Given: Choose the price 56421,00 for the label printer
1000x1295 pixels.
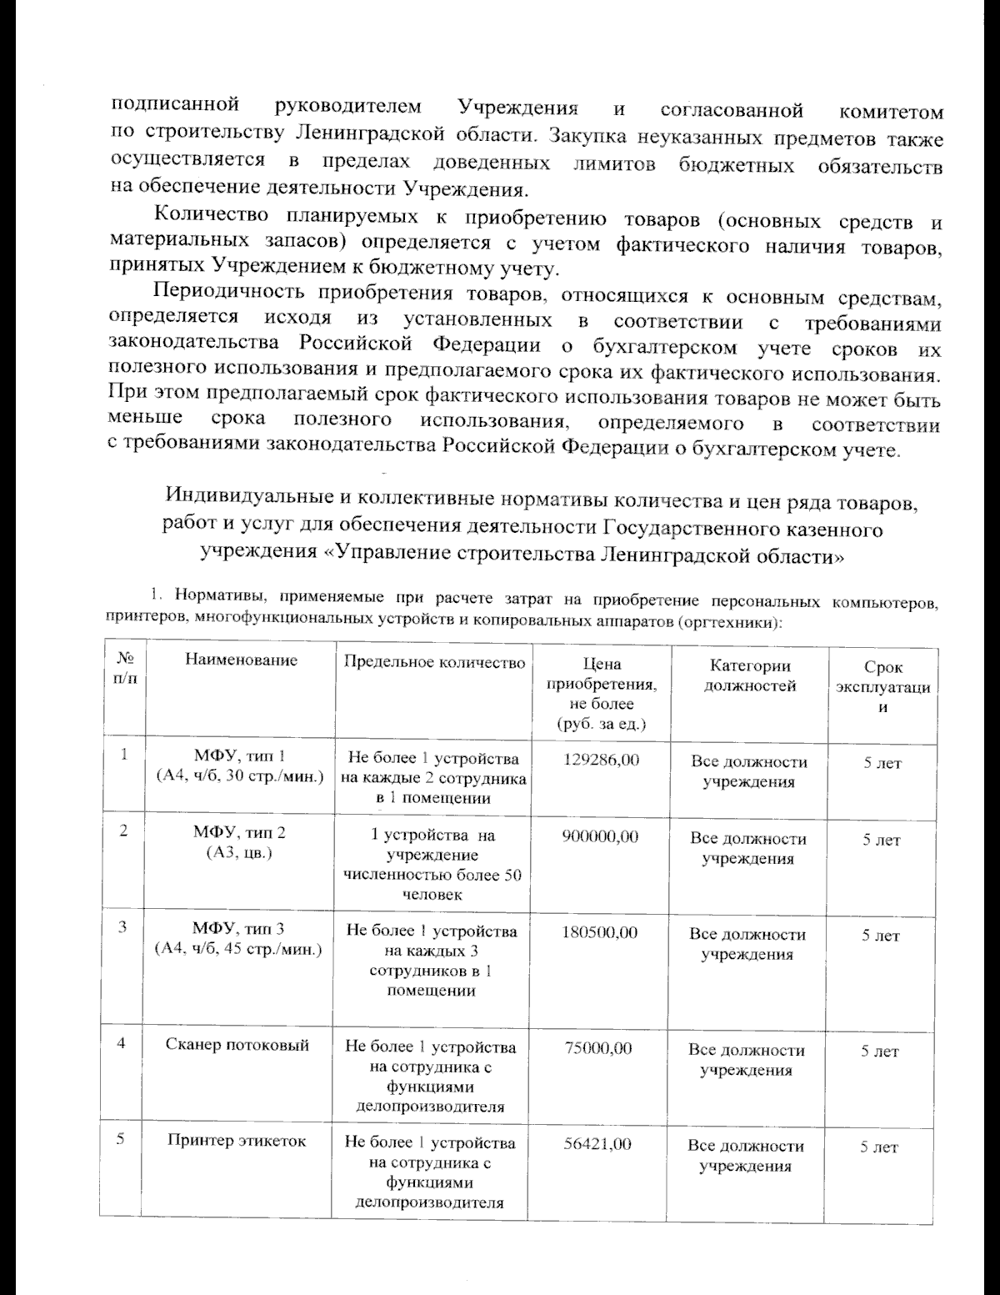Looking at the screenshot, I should [597, 1143].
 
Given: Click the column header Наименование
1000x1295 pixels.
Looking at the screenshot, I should [242, 660].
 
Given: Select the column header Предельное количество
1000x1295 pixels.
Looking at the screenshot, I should [435, 663].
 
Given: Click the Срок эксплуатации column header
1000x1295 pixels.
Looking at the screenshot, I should [883, 687].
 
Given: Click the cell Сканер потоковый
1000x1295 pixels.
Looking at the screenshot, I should [237, 1045].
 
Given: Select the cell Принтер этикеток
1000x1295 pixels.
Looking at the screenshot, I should [237, 1142].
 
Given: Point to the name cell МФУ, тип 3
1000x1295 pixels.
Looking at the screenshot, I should [239, 939].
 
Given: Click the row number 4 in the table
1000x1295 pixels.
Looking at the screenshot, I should [122, 1043].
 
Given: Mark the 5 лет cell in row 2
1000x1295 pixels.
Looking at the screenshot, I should [881, 840].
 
